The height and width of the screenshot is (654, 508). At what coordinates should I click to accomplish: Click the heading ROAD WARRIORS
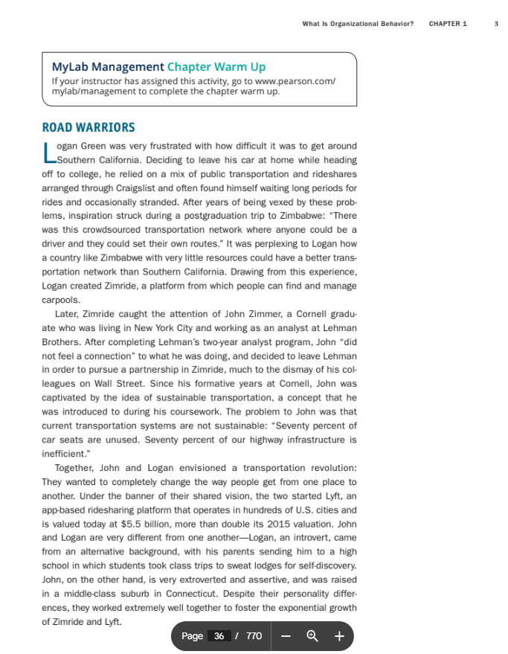click(89, 128)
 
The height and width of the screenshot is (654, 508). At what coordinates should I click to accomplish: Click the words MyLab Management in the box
click(108, 67)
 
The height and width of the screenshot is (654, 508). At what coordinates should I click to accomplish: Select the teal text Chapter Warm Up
click(216, 67)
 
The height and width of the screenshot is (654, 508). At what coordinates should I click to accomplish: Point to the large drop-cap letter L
click(48, 153)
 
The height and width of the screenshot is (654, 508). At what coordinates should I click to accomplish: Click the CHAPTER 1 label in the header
click(448, 24)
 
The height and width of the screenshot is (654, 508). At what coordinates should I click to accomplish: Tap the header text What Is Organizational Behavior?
click(358, 24)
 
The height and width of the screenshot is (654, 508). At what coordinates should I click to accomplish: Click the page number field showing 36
click(219, 636)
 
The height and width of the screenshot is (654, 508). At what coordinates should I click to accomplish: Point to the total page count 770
click(254, 636)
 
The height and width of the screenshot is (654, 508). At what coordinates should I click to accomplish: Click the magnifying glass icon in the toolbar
click(312, 636)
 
